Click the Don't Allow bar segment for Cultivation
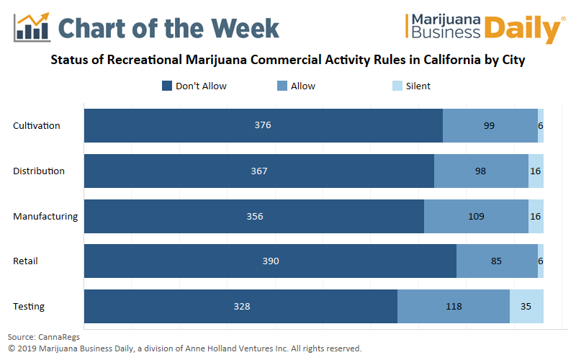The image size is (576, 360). [x=263, y=125]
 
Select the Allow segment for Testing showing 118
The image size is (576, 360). [x=454, y=306]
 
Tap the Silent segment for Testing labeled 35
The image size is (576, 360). [x=526, y=306]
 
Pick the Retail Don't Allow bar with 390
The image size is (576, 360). [x=270, y=261]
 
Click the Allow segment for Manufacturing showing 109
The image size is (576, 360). [x=476, y=216]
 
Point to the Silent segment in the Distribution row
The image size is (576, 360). [x=536, y=171]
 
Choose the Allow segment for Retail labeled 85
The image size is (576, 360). [x=497, y=261]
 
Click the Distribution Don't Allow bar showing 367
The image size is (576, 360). [x=259, y=171]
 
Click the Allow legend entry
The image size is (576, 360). [x=302, y=86]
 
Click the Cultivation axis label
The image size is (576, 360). [x=37, y=125]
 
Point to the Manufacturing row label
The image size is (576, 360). [x=45, y=216]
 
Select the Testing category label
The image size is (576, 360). [x=29, y=306]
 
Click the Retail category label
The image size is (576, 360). [x=26, y=261]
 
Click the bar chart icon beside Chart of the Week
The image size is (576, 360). [x=32, y=27]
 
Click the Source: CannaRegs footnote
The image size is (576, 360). [x=44, y=336]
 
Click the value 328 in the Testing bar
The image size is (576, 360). [x=242, y=306]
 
